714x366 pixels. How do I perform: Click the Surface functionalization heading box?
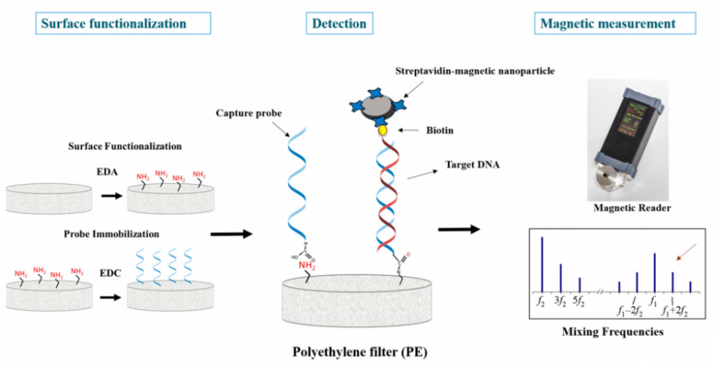click(x=123, y=24)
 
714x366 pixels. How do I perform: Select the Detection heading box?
click(x=339, y=24)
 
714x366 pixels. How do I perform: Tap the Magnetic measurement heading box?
click(x=615, y=24)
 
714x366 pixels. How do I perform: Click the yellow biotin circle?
click(x=383, y=130)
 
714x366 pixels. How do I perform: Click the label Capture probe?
click(x=248, y=113)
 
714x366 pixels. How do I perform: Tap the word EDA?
click(x=108, y=172)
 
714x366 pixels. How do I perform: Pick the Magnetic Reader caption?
click(x=632, y=208)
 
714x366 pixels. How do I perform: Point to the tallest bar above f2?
click(x=542, y=264)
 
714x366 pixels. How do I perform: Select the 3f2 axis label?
click(x=560, y=301)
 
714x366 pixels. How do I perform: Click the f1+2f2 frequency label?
click(x=674, y=311)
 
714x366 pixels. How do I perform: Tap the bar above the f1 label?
click(x=654, y=273)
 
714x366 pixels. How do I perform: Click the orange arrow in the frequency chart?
click(x=685, y=252)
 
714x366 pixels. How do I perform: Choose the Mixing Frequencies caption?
click(x=613, y=332)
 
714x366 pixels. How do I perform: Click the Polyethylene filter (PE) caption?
click(x=360, y=352)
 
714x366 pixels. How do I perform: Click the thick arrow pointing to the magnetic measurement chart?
click(x=459, y=229)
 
